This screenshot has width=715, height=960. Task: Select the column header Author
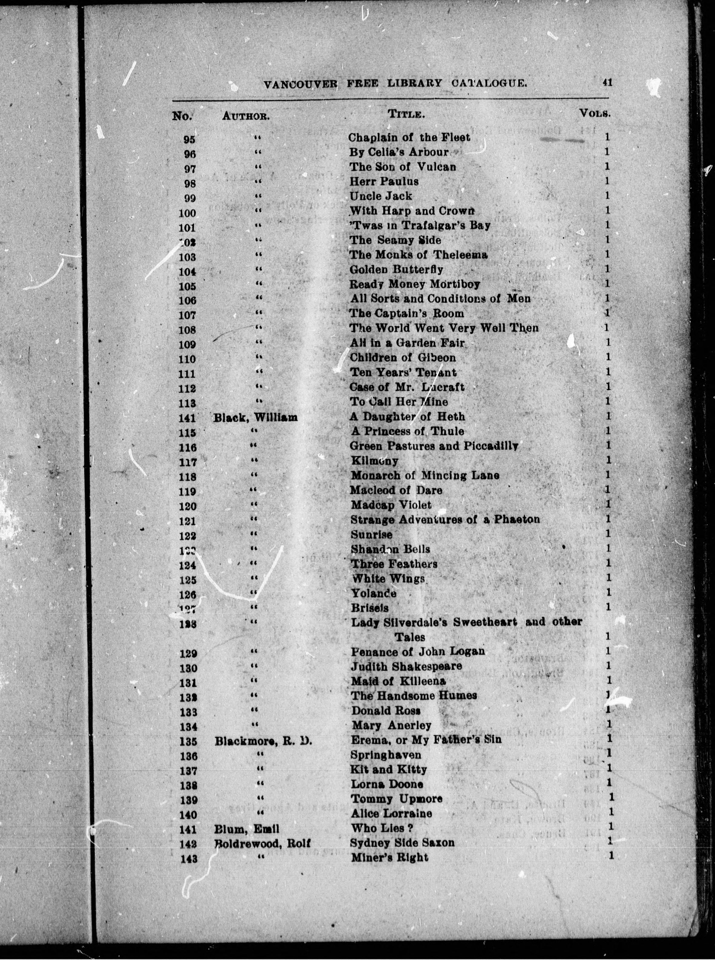pyautogui.click(x=246, y=116)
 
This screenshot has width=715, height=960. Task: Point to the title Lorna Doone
pyautogui.click(x=387, y=783)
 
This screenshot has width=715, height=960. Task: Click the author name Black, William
pyautogui.click(x=255, y=417)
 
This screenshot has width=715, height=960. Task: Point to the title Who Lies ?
pyautogui.click(x=382, y=828)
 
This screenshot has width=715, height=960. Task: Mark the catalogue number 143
pyautogui.click(x=189, y=858)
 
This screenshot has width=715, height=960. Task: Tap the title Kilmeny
pyautogui.click(x=374, y=461)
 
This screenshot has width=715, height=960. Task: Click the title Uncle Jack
pyautogui.click(x=381, y=196)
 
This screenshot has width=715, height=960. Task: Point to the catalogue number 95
pyautogui.click(x=189, y=139)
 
